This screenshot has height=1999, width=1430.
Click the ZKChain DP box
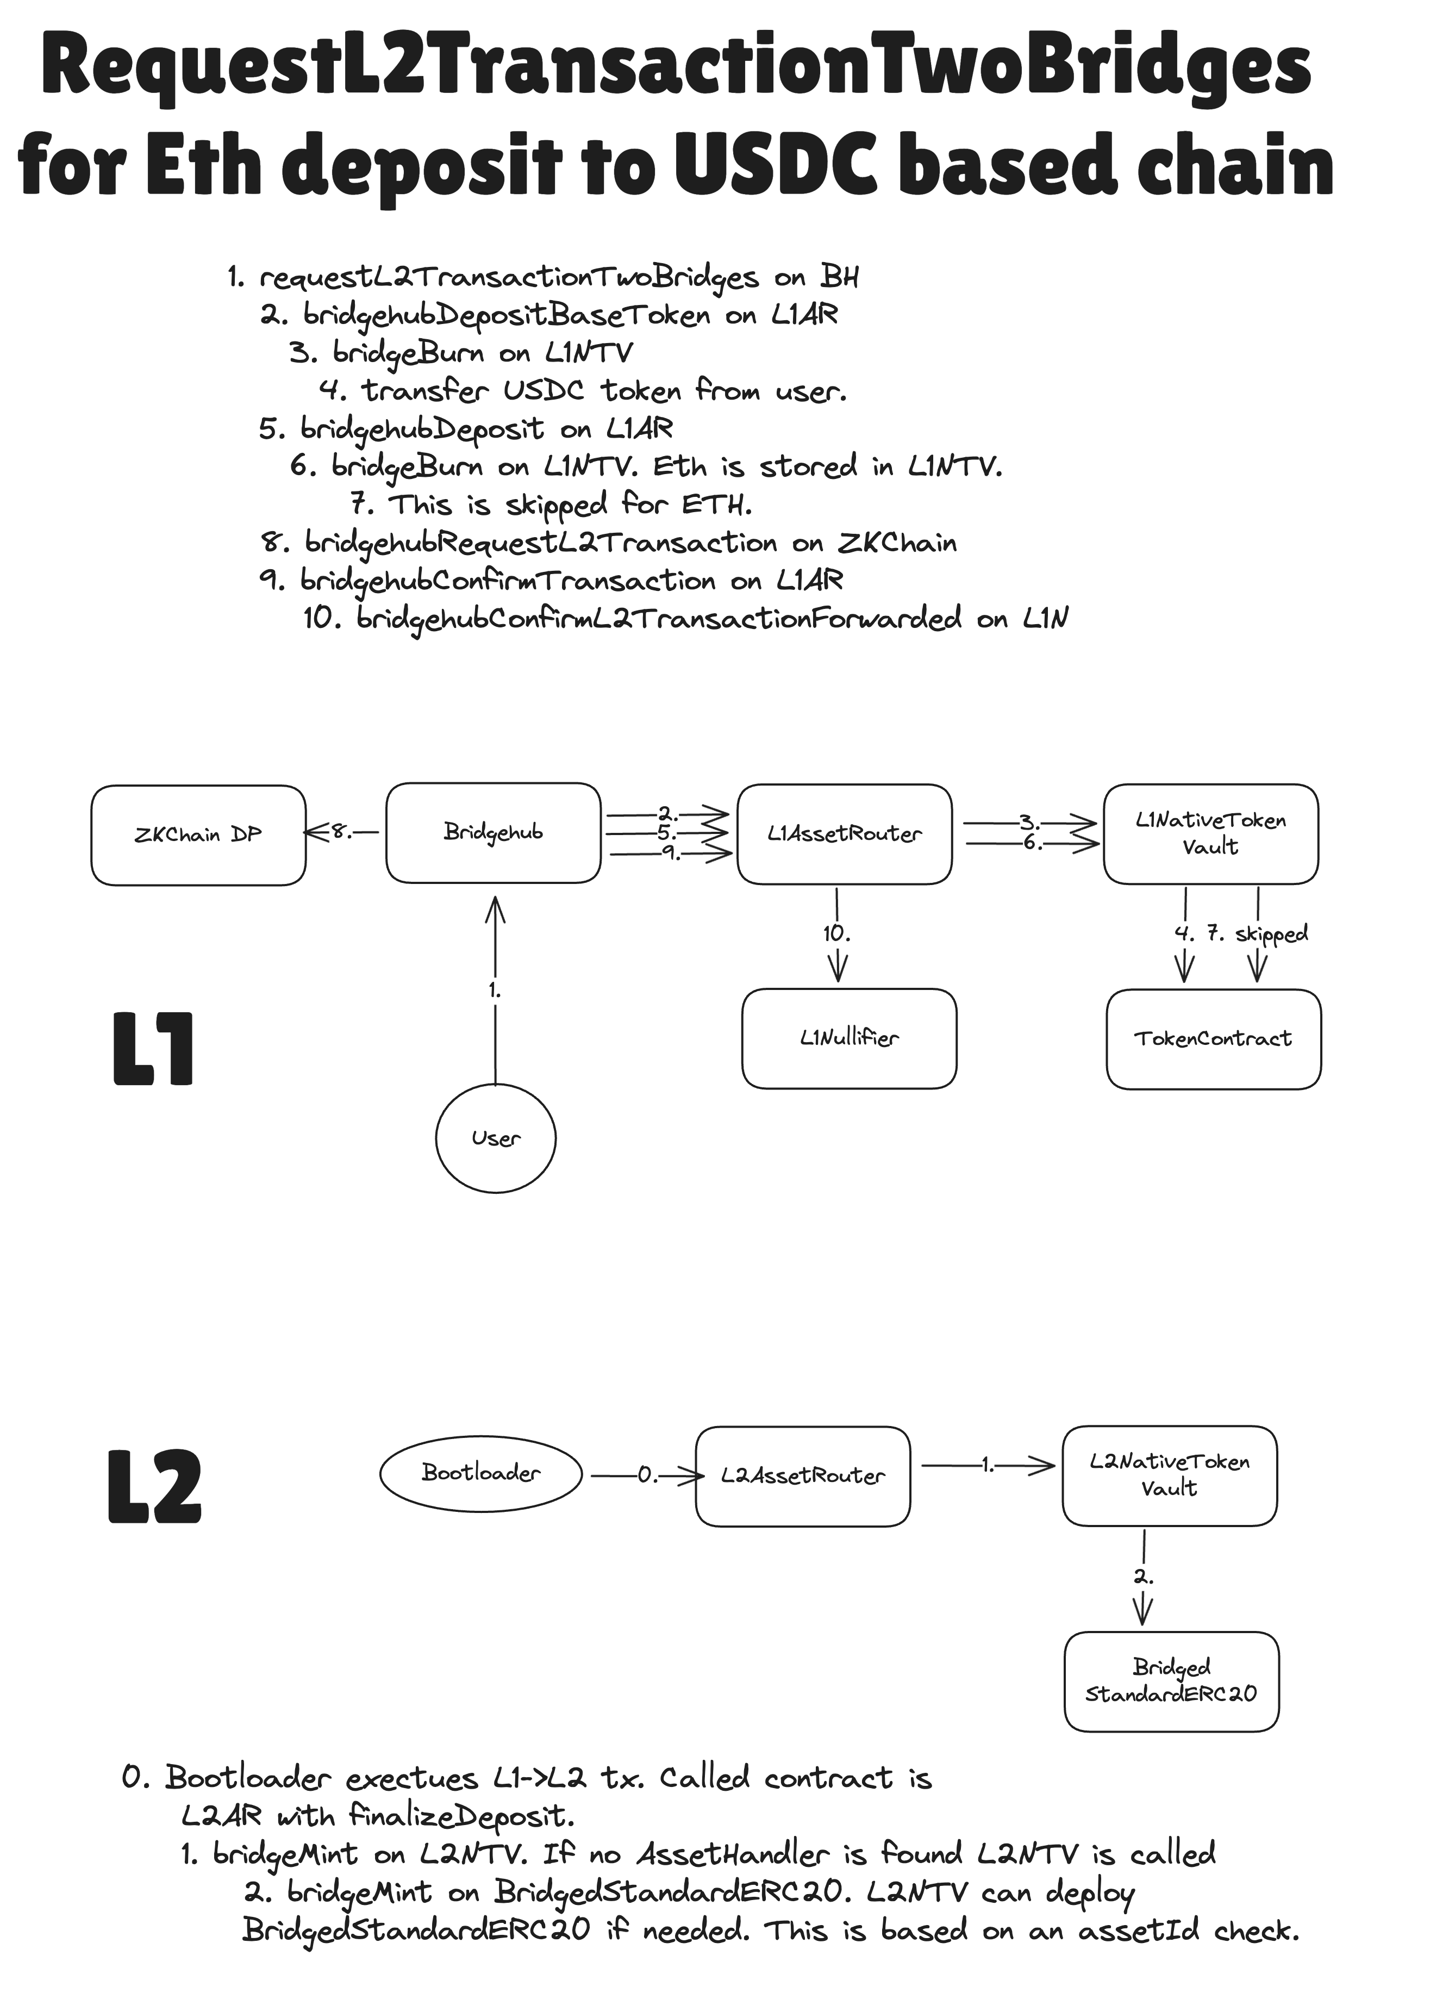pos(198,835)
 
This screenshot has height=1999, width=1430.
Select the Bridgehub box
pos(493,832)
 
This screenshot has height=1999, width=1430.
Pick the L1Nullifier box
pos(849,1038)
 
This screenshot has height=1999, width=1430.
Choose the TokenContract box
pos(1213,1039)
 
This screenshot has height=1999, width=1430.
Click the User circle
pos(496,1138)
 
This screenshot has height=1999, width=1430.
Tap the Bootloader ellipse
pos(481,1472)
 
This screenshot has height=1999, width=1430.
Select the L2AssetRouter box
pos(802,1476)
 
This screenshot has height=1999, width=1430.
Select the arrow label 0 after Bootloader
pos(647,1475)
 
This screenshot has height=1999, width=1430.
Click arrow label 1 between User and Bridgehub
pos(495,991)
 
